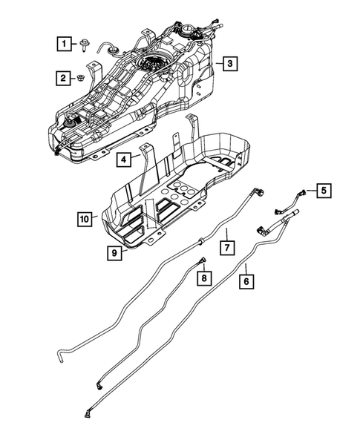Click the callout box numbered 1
pyautogui.click(x=67, y=44)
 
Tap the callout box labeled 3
pyautogui.click(x=231, y=65)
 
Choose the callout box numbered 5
pyautogui.click(x=324, y=191)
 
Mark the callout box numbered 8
pyautogui.click(x=203, y=277)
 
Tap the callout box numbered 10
pyautogui.click(x=85, y=218)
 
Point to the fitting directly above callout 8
pyautogui.click(x=202, y=260)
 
